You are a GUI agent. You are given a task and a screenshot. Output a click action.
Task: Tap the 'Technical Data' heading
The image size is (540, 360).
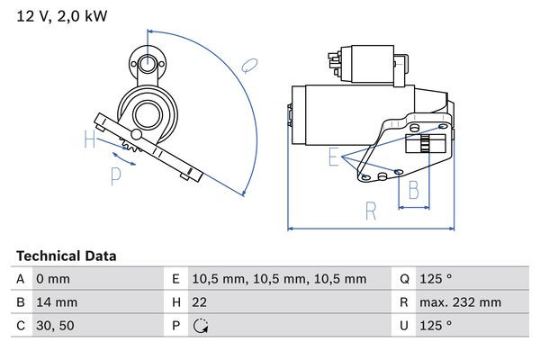click(x=66, y=256)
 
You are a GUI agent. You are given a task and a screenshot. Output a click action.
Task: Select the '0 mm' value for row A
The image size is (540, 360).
click(x=53, y=280)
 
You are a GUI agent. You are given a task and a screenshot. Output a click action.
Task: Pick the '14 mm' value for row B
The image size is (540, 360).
click(x=57, y=303)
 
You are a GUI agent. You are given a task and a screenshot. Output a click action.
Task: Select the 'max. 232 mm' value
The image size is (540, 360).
click(x=463, y=303)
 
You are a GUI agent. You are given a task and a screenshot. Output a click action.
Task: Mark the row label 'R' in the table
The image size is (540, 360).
click(x=403, y=303)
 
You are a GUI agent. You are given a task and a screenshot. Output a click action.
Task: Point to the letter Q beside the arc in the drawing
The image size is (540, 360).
click(x=251, y=65)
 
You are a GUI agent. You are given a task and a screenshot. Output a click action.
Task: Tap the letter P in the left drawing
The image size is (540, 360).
click(x=115, y=176)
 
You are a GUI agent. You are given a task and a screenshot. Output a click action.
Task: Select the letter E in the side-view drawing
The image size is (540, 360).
click(x=333, y=158)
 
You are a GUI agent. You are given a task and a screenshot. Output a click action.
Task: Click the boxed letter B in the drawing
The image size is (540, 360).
click(x=414, y=190)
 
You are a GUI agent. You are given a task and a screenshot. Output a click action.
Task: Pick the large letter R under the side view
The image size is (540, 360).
click(x=370, y=212)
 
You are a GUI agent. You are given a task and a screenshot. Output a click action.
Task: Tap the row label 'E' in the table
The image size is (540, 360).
click(x=176, y=280)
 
